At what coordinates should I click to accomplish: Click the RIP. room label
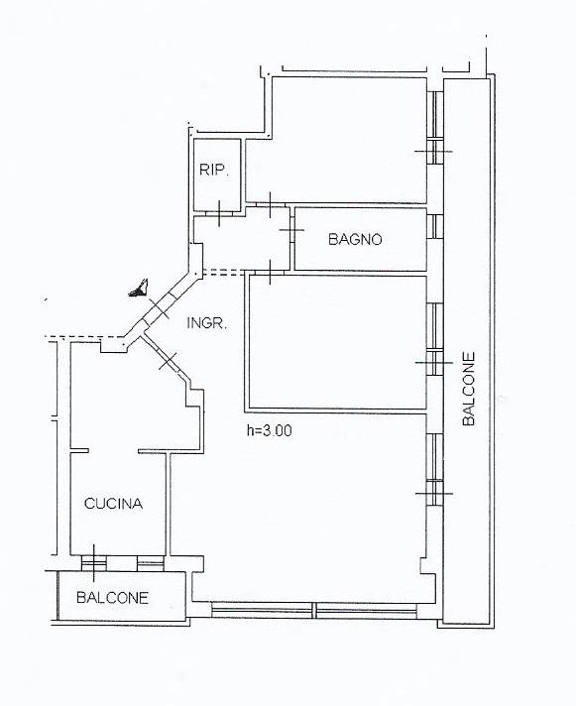pos(215,171)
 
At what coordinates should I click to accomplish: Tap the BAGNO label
pos(355,239)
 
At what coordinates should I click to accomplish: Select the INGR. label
pos(206,323)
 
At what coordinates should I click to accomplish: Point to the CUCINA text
pos(113,504)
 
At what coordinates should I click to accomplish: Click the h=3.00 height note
pos(269,431)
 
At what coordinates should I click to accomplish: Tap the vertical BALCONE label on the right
pos(469,389)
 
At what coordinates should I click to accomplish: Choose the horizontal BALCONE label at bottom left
pos(112,598)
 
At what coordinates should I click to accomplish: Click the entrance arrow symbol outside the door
pos(140,290)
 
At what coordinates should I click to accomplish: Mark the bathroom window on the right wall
pos(434,226)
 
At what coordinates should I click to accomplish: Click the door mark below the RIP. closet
pos(219,213)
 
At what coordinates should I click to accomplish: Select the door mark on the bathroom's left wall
pos(291,230)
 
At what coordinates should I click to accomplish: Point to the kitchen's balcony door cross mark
pos(94,563)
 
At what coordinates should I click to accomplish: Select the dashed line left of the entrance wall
pos(84,337)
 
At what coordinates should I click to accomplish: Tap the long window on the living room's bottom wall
pos(314,610)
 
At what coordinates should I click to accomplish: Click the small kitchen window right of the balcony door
pos(151,563)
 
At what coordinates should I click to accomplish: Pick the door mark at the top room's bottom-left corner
pos(270,205)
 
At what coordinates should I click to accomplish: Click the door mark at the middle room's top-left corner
pos(270,273)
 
